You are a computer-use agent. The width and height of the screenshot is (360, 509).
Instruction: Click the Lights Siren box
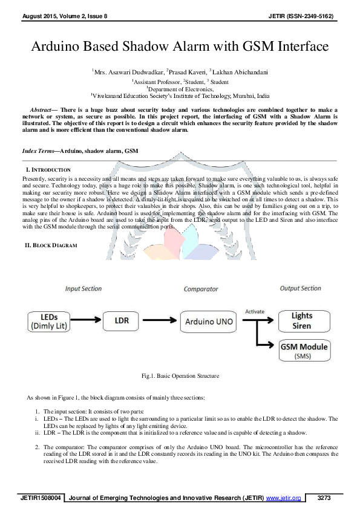pyautogui.click(x=302, y=320)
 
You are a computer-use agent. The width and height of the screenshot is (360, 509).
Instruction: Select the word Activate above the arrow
pyautogui.click(x=255, y=311)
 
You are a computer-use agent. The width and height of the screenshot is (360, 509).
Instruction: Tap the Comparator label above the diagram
pyautogui.click(x=201, y=289)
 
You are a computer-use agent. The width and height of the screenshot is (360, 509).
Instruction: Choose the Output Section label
pyautogui.click(x=301, y=288)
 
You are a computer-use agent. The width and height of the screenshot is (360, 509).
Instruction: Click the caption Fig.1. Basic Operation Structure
pyautogui.click(x=180, y=376)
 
